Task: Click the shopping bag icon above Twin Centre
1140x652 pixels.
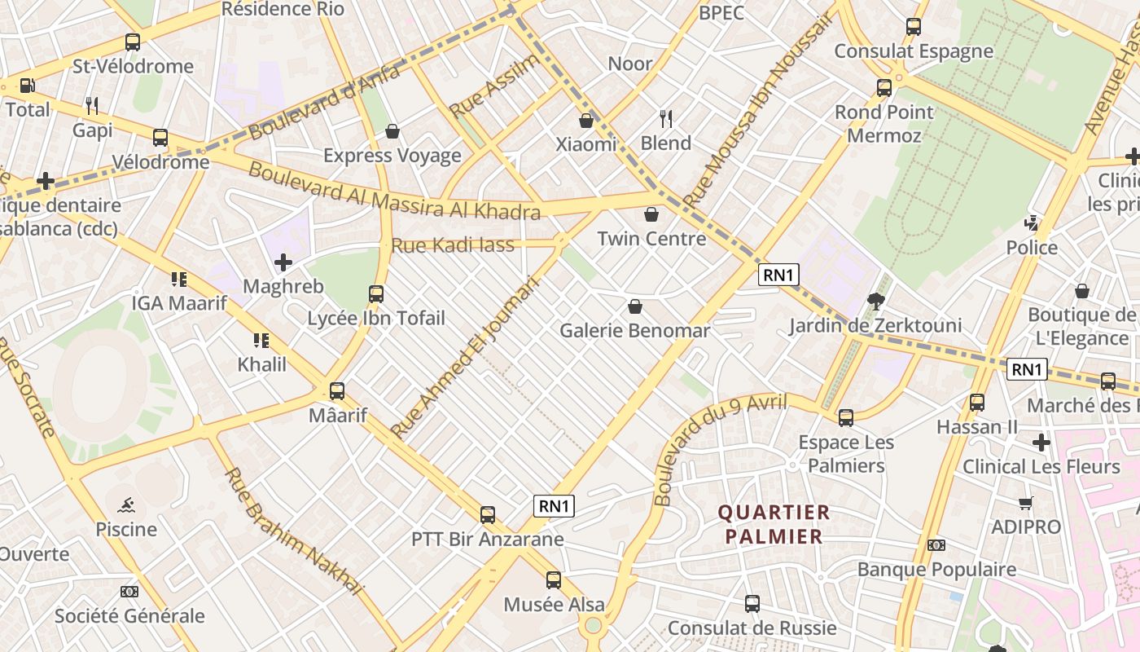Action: point(651,214)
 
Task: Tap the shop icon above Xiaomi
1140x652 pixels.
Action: point(585,121)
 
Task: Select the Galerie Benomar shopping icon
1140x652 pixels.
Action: point(634,306)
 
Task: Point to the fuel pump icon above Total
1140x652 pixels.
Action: point(27,86)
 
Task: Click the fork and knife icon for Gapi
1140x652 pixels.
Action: point(92,105)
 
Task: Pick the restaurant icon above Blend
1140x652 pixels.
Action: point(666,119)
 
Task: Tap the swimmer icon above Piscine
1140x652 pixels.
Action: point(126,504)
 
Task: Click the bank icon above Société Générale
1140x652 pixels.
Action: point(129,592)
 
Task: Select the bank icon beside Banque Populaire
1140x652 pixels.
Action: point(936,545)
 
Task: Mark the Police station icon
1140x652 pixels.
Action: point(1032,222)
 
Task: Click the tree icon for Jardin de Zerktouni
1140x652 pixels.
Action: point(876,302)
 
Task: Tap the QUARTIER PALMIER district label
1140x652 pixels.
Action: point(774,524)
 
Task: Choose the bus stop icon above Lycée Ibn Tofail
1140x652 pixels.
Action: point(375,293)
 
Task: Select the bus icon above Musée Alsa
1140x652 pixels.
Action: point(554,579)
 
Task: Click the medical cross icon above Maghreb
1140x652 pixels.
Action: point(283,262)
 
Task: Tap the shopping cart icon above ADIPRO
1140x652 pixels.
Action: point(1025,503)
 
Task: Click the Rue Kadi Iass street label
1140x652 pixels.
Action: point(453,244)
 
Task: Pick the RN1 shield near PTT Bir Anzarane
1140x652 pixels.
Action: point(554,506)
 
